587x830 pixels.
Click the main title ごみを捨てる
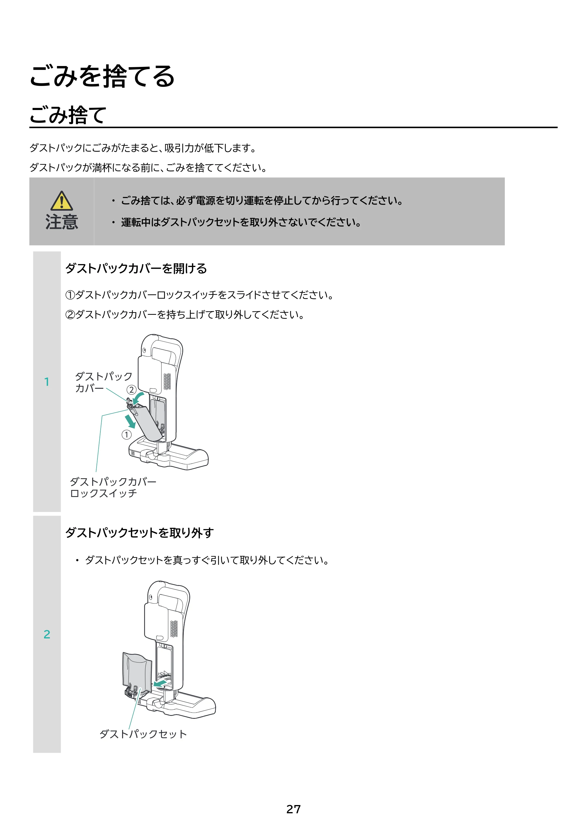tap(102, 76)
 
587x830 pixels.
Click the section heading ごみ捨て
tap(68, 115)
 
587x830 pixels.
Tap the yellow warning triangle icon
tap(62, 201)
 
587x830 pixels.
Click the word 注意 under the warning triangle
tap(62, 222)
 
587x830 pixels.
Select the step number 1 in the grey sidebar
tap(47, 382)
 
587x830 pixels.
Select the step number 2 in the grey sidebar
tap(47, 634)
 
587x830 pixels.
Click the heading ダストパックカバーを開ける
tap(136, 268)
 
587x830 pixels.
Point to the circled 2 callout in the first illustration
tap(131, 390)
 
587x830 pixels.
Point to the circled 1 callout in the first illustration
tap(126, 435)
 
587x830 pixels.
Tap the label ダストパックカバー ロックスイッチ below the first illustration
tap(113, 488)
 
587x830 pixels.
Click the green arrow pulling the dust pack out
tap(160, 683)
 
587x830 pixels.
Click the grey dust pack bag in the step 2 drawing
tap(137, 671)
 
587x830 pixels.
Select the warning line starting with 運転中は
tap(241, 222)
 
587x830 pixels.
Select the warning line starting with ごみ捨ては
tap(262, 201)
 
